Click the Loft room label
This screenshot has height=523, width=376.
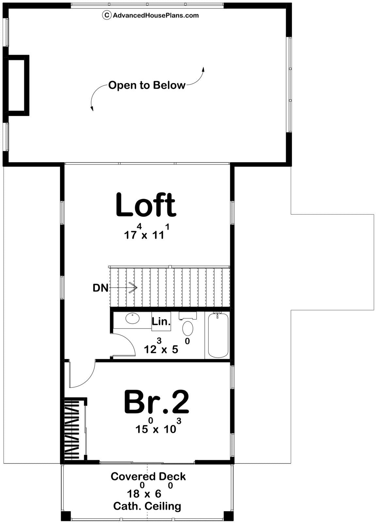tap(146, 205)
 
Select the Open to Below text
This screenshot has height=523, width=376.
tap(147, 85)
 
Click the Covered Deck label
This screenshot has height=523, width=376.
tap(148, 477)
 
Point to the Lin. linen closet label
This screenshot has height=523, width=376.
tap(161, 322)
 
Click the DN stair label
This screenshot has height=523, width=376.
tap(101, 288)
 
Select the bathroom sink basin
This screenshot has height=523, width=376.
tap(133, 318)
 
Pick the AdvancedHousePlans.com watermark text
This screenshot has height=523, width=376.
tap(156, 15)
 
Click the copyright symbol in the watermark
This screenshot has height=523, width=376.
tap(106, 15)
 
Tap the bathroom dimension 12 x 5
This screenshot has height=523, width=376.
tap(167, 346)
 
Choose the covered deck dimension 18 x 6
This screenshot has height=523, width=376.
tap(150, 490)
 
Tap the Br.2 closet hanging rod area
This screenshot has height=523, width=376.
tap(74, 430)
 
